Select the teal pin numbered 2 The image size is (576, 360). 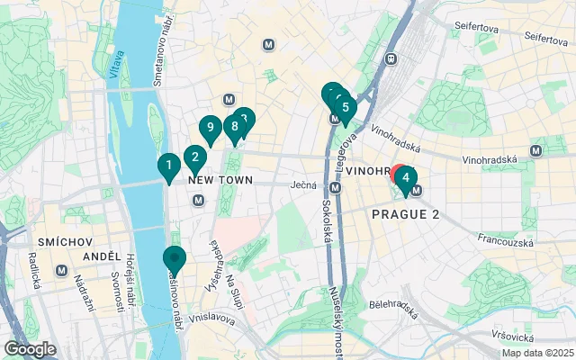coord(193,158)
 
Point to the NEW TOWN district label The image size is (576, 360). coord(221,180)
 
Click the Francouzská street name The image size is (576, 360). coord(508,242)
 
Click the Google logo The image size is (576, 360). coord(30,349)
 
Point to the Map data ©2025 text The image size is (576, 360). coord(536,353)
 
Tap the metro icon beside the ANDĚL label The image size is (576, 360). coord(61,270)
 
